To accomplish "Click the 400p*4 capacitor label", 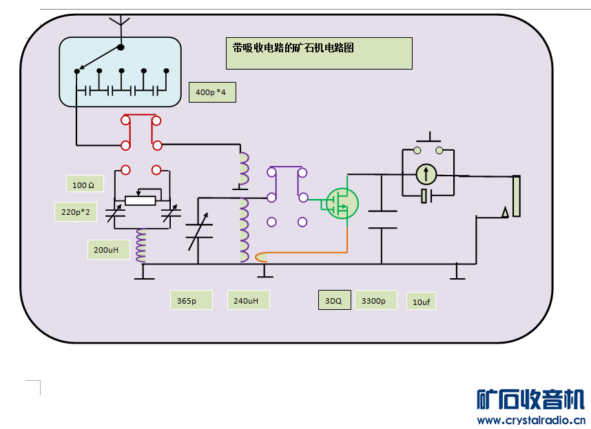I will point(212,92).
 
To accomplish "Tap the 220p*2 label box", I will point(76,211).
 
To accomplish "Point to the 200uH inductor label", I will point(108,249).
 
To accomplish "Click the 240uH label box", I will point(248,300).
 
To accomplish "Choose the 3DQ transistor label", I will point(333,300).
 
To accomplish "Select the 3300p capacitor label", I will point(376,300).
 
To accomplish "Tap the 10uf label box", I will point(422,302).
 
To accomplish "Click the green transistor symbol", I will point(342,203).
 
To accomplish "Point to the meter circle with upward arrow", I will point(427,174).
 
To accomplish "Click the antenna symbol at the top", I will point(121,24).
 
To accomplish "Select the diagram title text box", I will point(319,53).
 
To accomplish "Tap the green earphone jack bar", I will point(517,196).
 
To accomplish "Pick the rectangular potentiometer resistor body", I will point(141,200).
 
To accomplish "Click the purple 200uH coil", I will point(141,246).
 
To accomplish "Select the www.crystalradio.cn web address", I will point(530,420).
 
